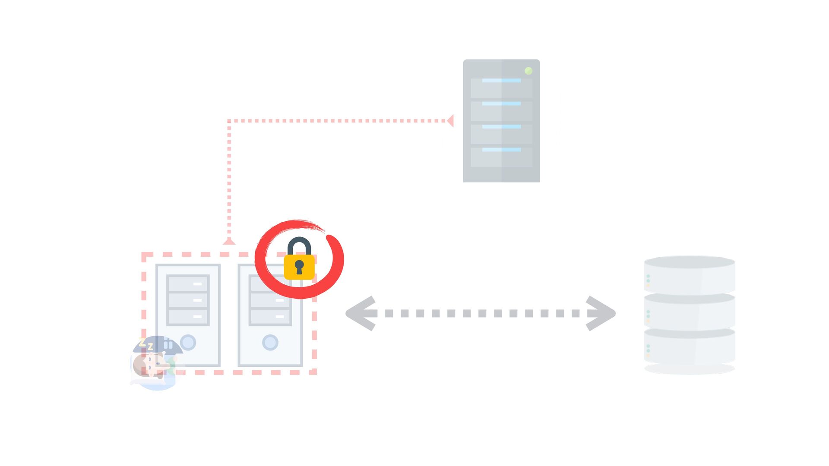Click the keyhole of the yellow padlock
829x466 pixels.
(299, 266)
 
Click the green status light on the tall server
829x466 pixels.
(528, 71)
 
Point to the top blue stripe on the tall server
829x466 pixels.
(501, 81)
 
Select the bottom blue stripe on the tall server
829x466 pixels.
(501, 150)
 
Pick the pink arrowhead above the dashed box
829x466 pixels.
(229, 241)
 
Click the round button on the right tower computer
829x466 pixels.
(270, 343)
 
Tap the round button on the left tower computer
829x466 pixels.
(188, 343)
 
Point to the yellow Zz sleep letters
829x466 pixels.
(146, 345)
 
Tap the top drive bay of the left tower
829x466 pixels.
(188, 284)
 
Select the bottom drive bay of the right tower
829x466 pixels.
(270, 317)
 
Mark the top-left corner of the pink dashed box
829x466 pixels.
(144, 255)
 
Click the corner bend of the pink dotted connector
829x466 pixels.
(229, 121)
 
